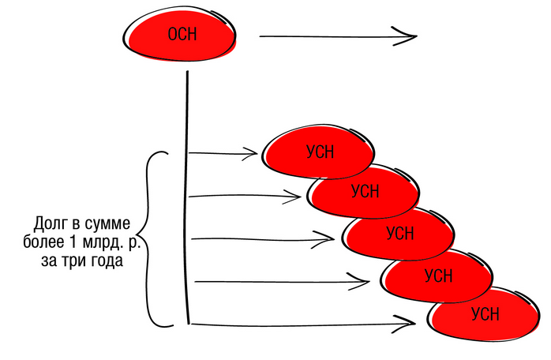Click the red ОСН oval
click(x=180, y=36)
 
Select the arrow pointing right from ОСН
click(x=335, y=36)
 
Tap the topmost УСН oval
click(x=320, y=151)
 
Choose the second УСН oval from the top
click(x=364, y=192)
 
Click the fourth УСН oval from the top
click(x=438, y=275)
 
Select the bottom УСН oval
click(x=484, y=314)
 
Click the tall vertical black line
click(x=187, y=197)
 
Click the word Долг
click(x=54, y=223)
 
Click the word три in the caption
click(x=72, y=261)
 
